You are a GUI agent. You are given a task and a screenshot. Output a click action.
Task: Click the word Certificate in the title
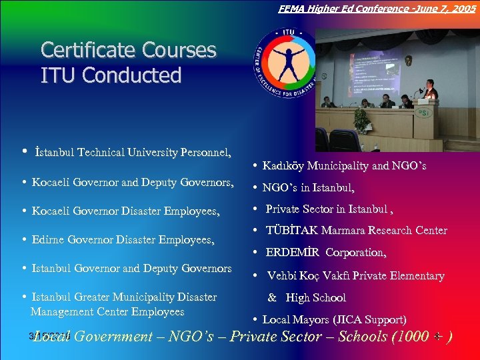[85, 51]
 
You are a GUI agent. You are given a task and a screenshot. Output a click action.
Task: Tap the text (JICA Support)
[377, 320]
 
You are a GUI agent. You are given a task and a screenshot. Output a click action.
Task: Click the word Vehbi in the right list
[282, 275]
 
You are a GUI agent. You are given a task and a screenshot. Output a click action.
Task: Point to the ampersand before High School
[272, 298]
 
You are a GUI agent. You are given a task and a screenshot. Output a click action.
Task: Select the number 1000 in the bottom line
[410, 337]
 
